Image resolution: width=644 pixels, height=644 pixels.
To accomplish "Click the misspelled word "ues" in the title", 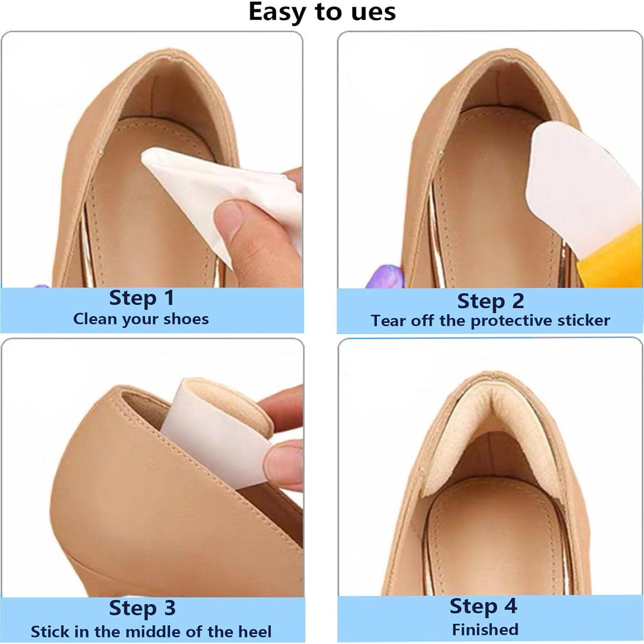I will point(373,12).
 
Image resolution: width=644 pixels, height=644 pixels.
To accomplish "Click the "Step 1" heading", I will point(141,298).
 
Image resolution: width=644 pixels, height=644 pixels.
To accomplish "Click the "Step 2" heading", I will point(491,301).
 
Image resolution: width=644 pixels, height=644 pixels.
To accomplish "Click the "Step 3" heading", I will point(142,608).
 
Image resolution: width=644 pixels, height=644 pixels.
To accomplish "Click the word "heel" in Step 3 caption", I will point(256,632).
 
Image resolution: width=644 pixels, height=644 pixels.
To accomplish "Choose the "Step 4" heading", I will point(483,606).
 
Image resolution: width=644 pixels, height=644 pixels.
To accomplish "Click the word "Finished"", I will point(485,630).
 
